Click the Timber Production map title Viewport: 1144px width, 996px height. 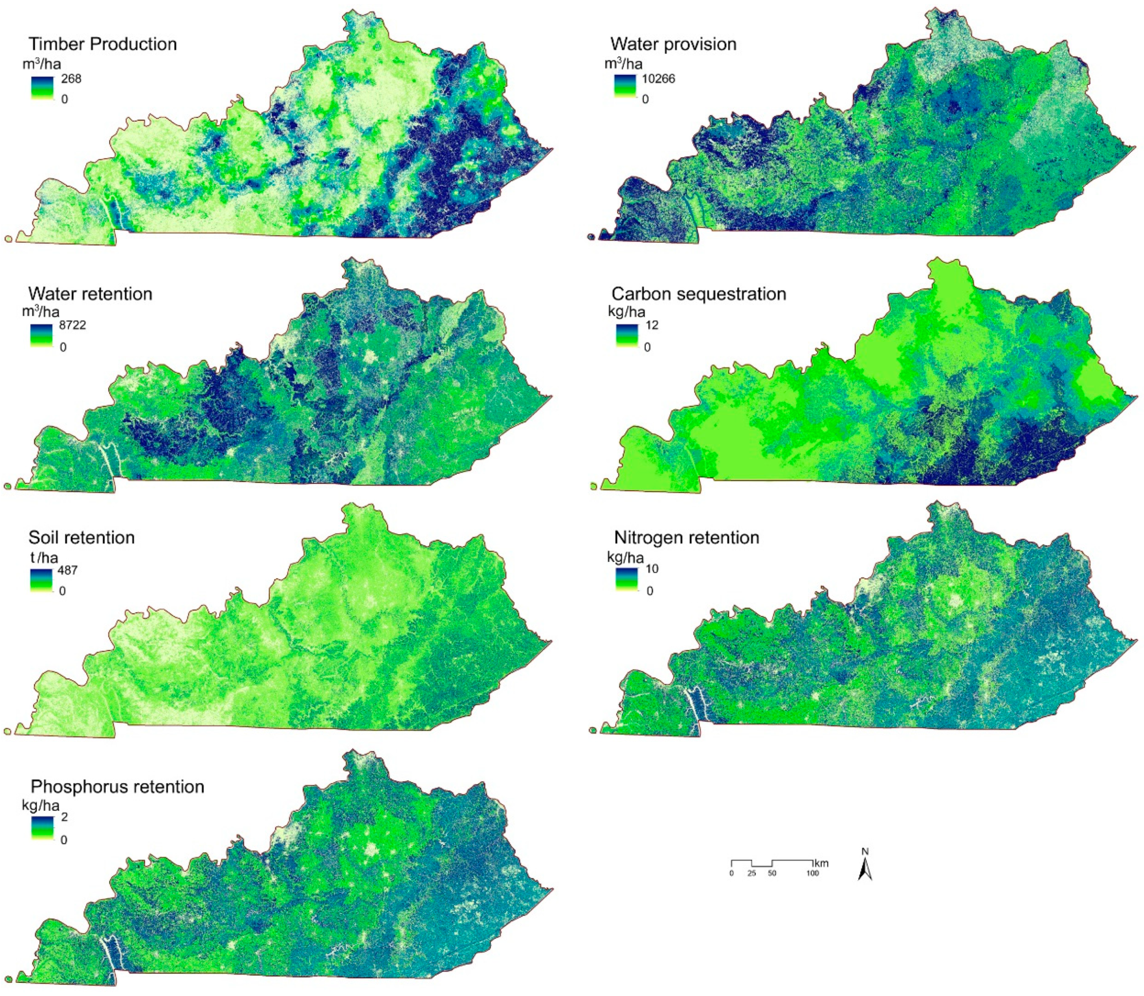[x=102, y=44]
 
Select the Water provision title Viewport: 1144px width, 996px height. [x=673, y=44]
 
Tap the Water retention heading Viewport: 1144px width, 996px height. [x=90, y=293]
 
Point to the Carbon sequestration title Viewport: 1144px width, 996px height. [x=699, y=293]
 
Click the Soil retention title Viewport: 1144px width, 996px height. [x=81, y=537]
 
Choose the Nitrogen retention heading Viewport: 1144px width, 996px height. [x=686, y=537]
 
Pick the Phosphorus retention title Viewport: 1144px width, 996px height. [x=117, y=786]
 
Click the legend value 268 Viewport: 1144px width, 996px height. [x=71, y=79]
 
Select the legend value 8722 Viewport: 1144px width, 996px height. [x=72, y=325]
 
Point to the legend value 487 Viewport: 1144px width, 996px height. [x=67, y=570]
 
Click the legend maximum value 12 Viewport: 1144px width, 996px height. [x=651, y=325]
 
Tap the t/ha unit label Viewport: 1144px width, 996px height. [x=43, y=557]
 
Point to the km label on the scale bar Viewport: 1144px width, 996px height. [x=820, y=863]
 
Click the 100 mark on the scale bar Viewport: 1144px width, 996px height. [x=812, y=874]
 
